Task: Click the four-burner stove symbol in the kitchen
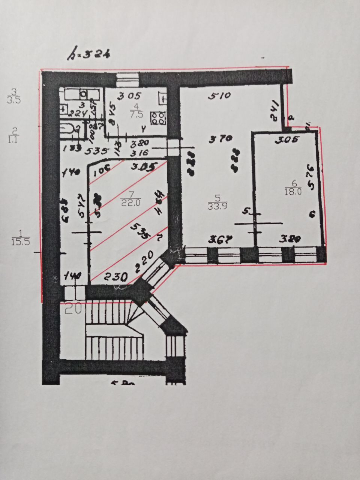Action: coord(158,118)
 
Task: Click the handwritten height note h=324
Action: coord(88,55)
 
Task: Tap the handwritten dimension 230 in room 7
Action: coord(115,277)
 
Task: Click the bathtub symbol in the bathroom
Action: coord(71,130)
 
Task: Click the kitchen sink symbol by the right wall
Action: coord(164,98)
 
